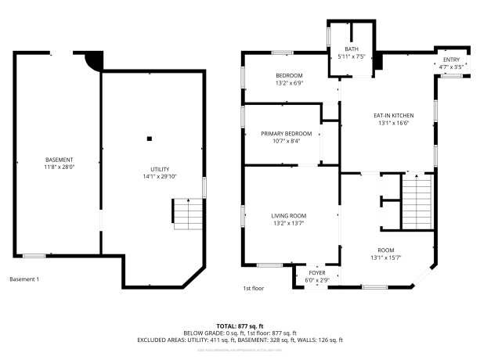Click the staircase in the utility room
186,214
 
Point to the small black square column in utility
149,139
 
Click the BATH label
352,49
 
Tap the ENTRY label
452,59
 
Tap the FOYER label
317,272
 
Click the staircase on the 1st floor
416,202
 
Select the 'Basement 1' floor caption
23,279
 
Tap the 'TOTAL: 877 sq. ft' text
240,326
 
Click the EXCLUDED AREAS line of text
240,340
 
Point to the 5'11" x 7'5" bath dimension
352,56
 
